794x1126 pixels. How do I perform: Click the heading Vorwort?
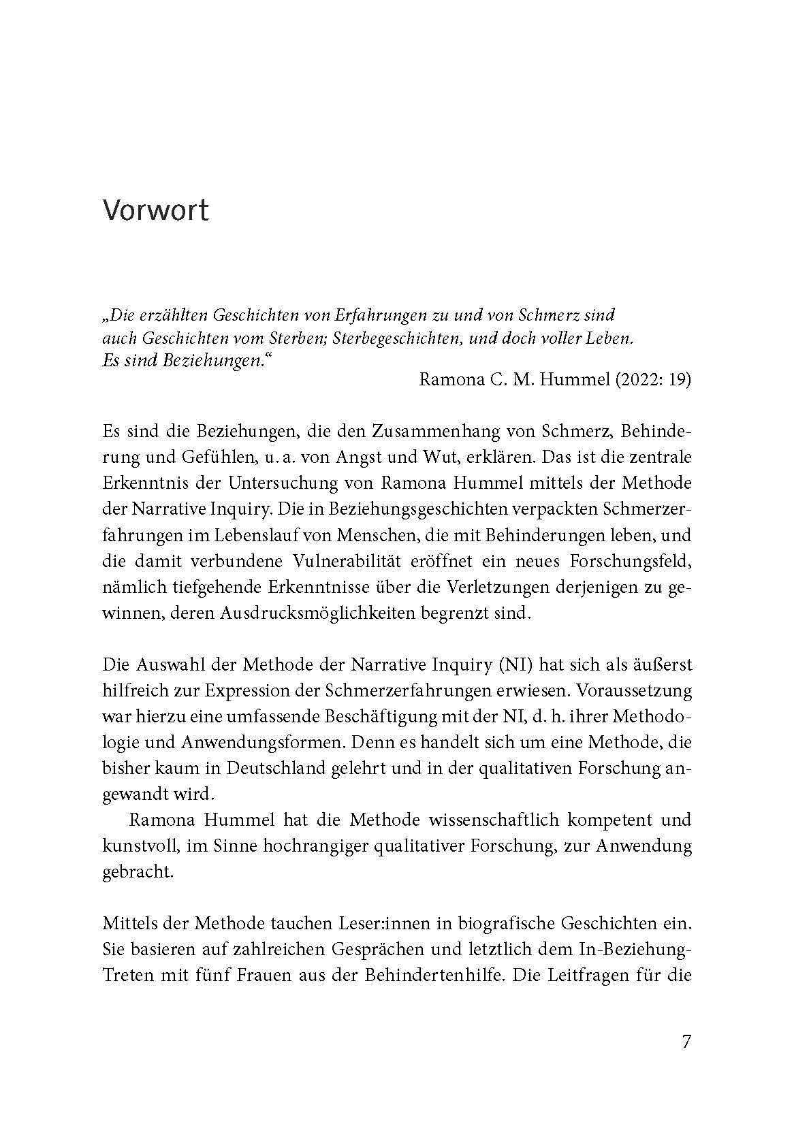coord(155,210)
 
